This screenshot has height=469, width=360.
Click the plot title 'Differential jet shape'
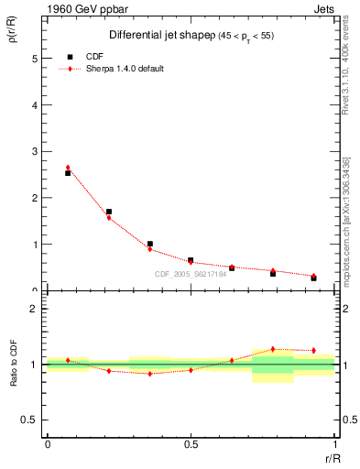coord(147,35)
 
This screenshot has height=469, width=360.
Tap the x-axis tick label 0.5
coord(191,444)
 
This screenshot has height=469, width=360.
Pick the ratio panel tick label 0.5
coord(32,420)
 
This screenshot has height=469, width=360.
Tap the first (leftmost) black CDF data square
coord(68,173)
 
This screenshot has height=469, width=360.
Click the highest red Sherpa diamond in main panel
coord(68,168)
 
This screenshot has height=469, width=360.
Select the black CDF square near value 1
coord(149,244)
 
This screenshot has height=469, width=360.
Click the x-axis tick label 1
coord(335,444)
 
